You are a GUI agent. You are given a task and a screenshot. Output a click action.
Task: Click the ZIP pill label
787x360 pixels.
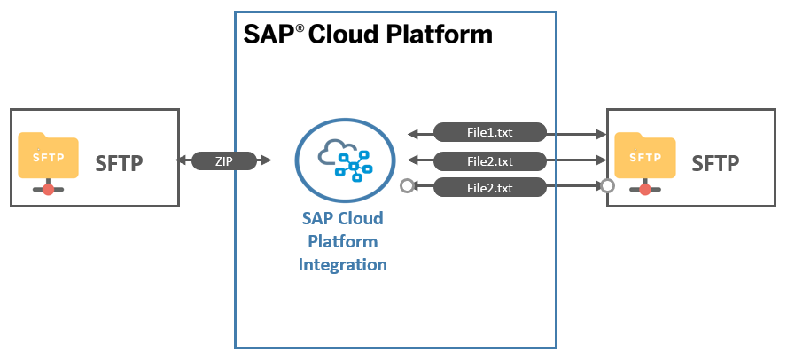(224, 160)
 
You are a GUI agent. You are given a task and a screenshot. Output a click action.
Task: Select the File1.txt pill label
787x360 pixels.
(489, 132)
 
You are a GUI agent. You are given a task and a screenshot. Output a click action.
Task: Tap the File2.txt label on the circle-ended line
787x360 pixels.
(489, 188)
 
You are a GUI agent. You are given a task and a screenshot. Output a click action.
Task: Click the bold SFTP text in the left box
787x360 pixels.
(120, 163)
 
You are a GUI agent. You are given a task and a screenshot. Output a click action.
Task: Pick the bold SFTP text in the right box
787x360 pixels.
(715, 163)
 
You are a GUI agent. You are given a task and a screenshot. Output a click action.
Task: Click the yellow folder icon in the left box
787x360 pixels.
(48, 155)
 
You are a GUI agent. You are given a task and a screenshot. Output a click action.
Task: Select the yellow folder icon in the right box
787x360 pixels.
(645, 155)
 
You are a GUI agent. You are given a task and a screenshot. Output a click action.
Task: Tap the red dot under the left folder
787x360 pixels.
(48, 189)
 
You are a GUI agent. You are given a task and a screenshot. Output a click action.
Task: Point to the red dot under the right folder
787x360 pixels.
(645, 189)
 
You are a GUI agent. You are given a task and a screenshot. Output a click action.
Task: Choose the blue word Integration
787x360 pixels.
(343, 264)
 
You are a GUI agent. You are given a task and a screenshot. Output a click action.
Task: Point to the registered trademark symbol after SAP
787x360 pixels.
(300, 28)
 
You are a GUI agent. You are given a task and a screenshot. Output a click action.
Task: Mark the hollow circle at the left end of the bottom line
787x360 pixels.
(407, 187)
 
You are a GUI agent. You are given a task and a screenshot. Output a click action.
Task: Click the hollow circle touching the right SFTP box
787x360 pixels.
(607, 187)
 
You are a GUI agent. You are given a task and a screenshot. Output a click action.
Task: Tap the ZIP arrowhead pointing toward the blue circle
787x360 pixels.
(266, 160)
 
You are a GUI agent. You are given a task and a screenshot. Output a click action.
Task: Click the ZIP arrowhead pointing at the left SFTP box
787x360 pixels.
(181, 160)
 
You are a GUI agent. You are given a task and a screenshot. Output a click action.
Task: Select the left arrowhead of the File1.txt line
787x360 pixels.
(414, 134)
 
